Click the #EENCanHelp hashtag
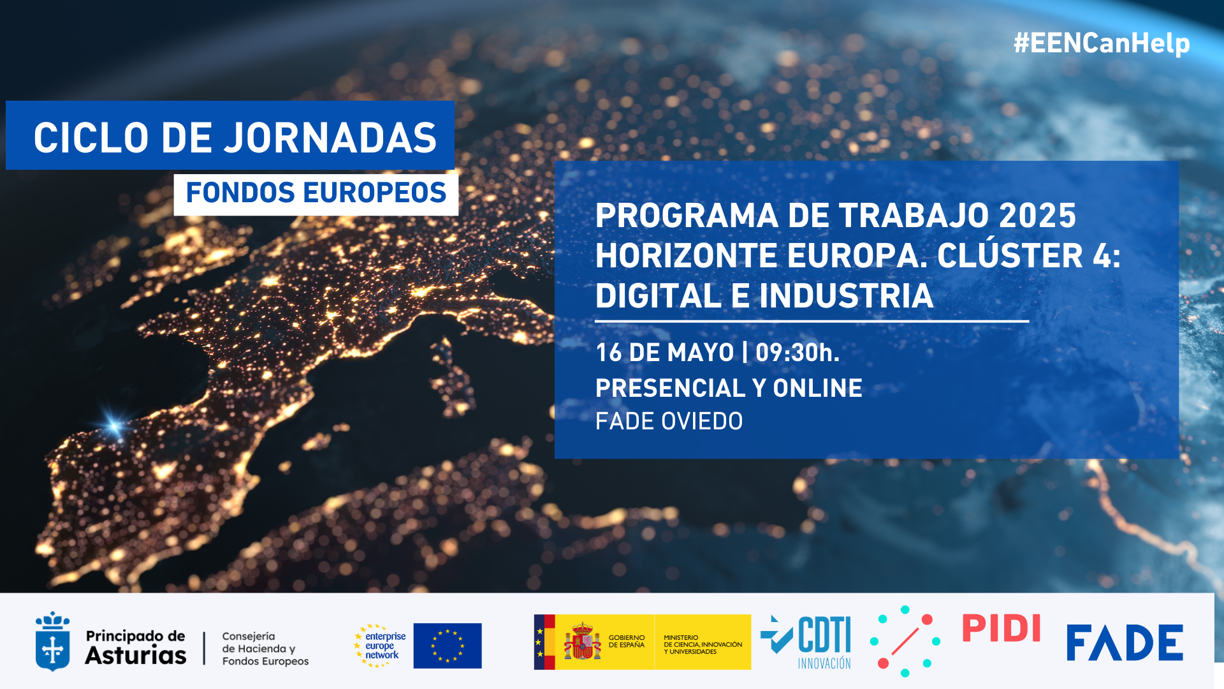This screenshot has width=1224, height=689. (x=1102, y=43)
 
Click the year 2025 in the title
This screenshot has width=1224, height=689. (x=1037, y=216)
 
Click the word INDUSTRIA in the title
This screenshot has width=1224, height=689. (x=846, y=296)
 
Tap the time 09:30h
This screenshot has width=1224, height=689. (x=798, y=352)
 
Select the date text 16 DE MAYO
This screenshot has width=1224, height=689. (x=665, y=352)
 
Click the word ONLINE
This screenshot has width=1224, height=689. (x=818, y=388)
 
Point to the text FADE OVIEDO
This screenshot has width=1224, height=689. (x=669, y=421)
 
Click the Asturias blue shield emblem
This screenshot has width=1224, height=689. (x=52, y=641)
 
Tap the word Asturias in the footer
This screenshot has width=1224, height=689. (x=136, y=655)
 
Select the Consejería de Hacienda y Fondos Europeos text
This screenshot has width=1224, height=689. (x=265, y=649)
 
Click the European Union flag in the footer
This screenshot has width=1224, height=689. (x=448, y=646)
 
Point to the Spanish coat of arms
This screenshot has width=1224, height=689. (x=582, y=641)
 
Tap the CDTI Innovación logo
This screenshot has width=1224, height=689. (x=806, y=642)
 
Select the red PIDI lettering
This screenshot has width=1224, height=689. (x=1002, y=628)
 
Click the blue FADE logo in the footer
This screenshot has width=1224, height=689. (x=1125, y=642)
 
